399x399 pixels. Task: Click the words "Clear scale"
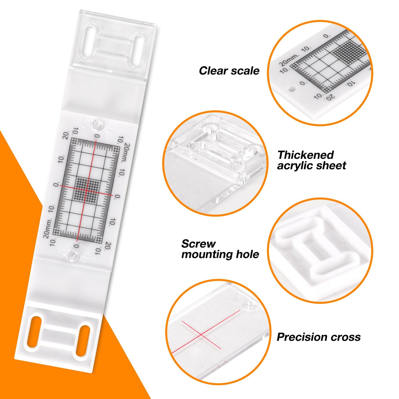pyautogui.click(x=229, y=71)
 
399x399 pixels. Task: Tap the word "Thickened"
pyautogui.click(x=305, y=155)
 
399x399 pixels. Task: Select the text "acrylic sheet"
pyautogui.click(x=311, y=166)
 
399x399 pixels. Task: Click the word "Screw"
pyautogui.click(x=198, y=244)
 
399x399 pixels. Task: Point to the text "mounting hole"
pyautogui.click(x=220, y=254)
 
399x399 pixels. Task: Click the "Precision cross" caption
pyautogui.click(x=318, y=337)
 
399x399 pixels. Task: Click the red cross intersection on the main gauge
pyautogui.click(x=87, y=190)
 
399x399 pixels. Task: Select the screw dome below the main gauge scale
pyautogui.click(x=74, y=255)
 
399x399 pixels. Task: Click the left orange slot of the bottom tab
pyautogui.click(x=34, y=331)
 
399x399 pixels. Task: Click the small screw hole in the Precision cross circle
pyautogui.click(x=249, y=305)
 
